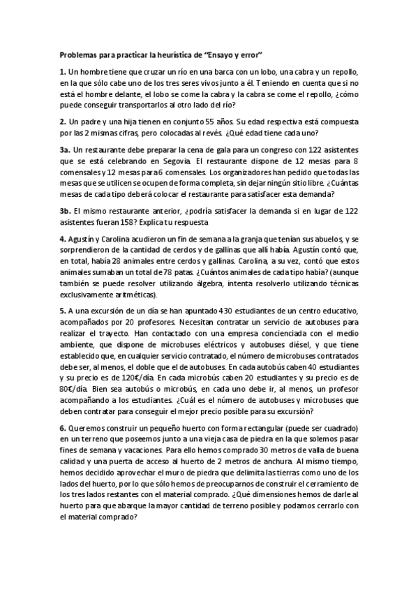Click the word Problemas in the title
[79, 54]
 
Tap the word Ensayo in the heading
[230, 54]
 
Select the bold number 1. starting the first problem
[62, 72]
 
